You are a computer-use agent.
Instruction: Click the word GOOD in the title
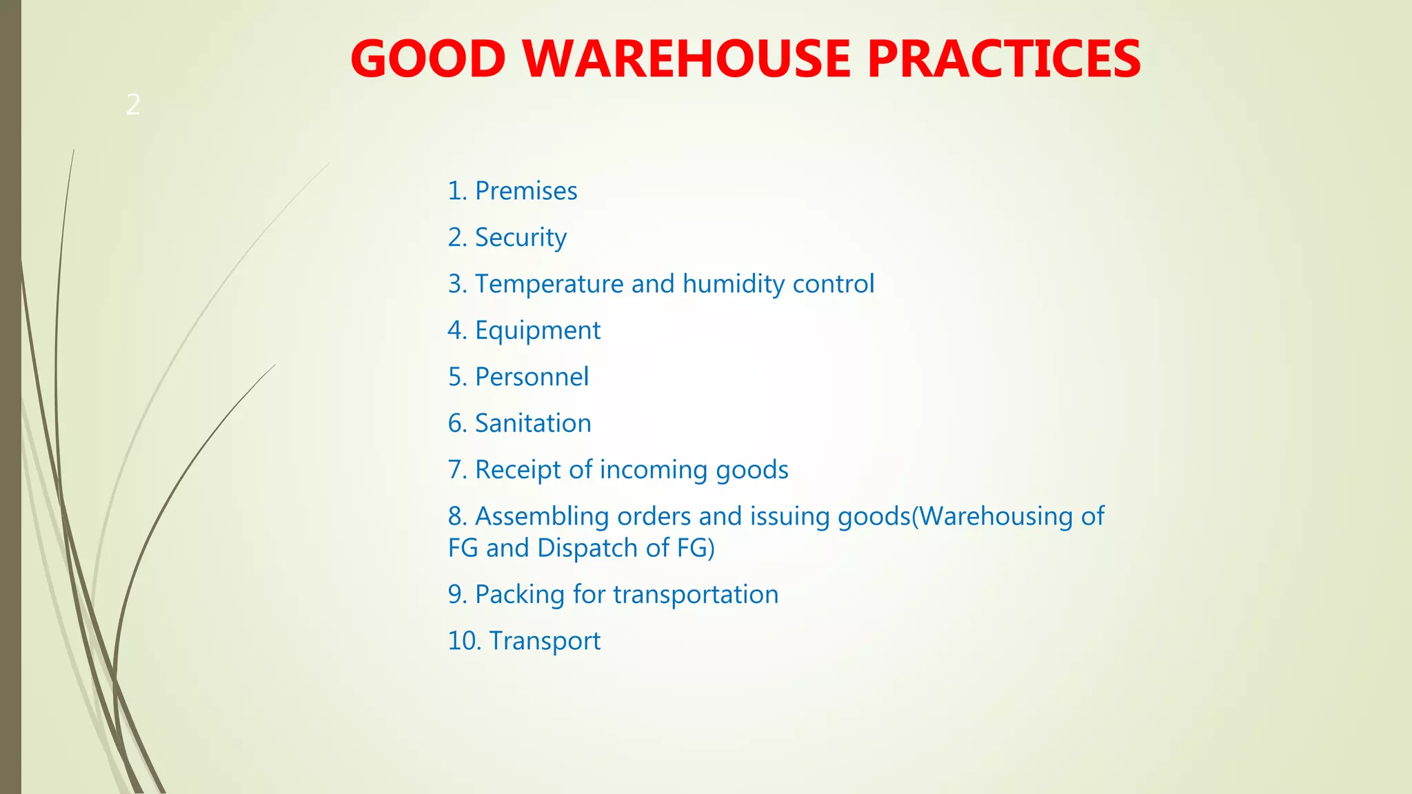point(428,59)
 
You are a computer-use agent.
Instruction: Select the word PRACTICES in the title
point(1004,59)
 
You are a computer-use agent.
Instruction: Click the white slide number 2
point(133,105)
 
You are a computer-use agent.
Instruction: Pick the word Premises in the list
point(526,191)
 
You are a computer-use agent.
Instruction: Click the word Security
point(521,238)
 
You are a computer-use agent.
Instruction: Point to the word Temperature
point(549,284)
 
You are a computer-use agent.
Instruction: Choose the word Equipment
point(538,331)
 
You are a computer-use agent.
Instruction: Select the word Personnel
point(532,377)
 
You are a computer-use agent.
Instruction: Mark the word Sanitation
point(533,423)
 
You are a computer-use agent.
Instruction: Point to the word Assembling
point(542,516)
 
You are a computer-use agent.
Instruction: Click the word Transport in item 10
point(545,642)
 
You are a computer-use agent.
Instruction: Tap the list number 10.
point(463,641)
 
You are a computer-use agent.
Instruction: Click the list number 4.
point(456,331)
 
